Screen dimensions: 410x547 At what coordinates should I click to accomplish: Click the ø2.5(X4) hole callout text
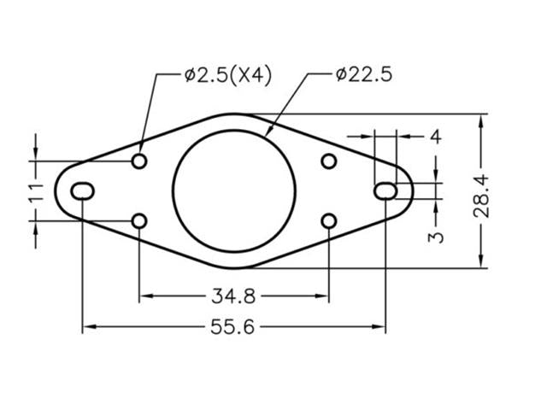pos(227,75)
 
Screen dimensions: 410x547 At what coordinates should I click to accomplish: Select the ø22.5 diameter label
pos(364,75)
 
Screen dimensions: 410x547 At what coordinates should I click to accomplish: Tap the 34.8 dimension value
pos(233,296)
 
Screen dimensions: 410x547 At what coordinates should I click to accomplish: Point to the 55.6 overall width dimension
pos(233,326)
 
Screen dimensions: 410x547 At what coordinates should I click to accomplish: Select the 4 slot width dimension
pos(435,136)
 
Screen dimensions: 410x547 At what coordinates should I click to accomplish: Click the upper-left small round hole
pos(139,161)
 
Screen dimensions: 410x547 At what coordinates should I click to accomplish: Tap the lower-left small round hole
pos(139,221)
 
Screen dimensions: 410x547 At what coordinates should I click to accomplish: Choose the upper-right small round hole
pos(329,161)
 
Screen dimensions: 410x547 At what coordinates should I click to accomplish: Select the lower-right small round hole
pos(329,221)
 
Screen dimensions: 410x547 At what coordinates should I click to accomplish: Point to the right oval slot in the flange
pos(385,190)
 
